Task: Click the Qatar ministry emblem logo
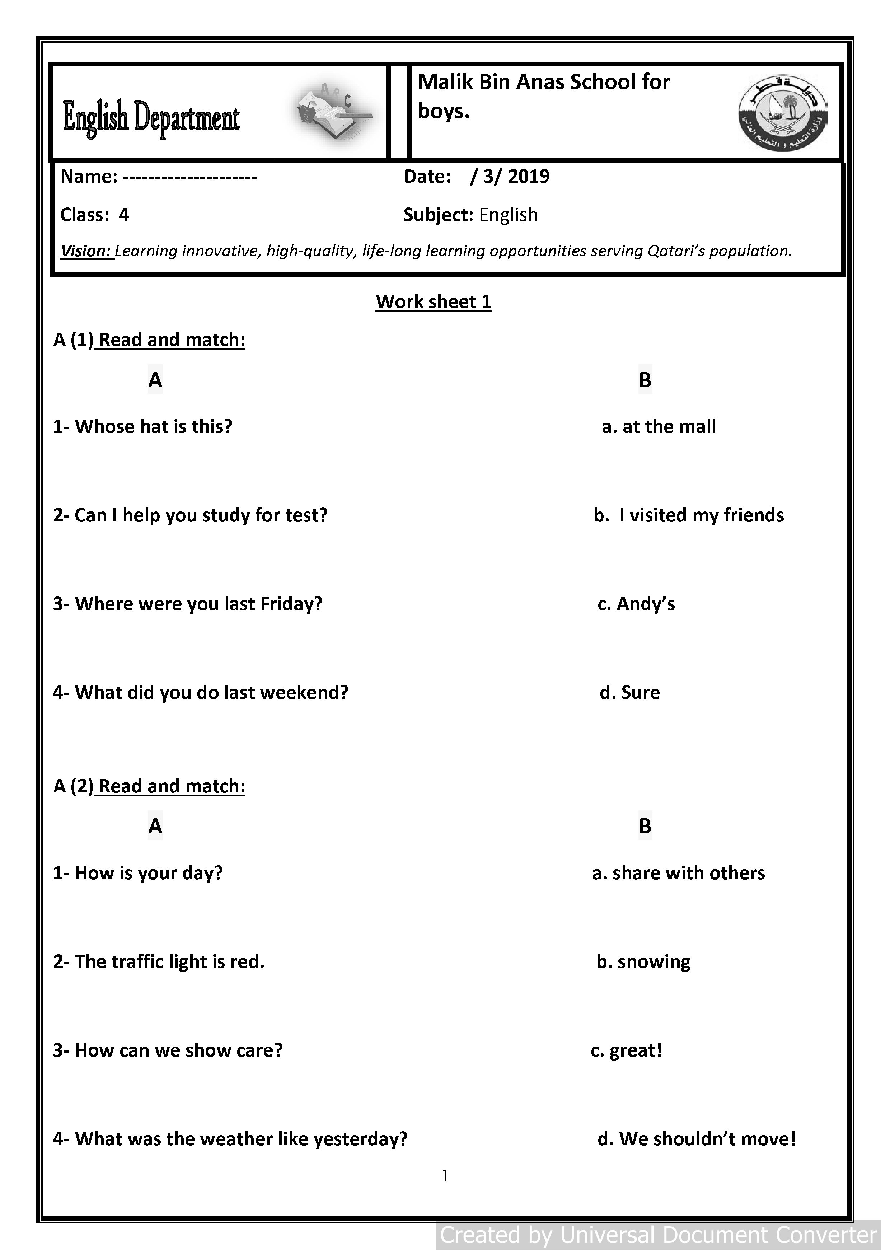coord(783,112)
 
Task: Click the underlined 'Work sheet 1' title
coord(433,301)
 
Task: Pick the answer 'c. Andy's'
coord(636,604)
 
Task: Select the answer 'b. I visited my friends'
coord(689,515)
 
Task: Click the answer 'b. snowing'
coord(643,962)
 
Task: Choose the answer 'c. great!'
coord(627,1050)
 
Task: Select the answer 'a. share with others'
coord(678,873)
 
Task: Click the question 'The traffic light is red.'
coord(159,962)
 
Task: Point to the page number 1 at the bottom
coord(445,1176)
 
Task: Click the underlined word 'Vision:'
coord(86,251)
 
